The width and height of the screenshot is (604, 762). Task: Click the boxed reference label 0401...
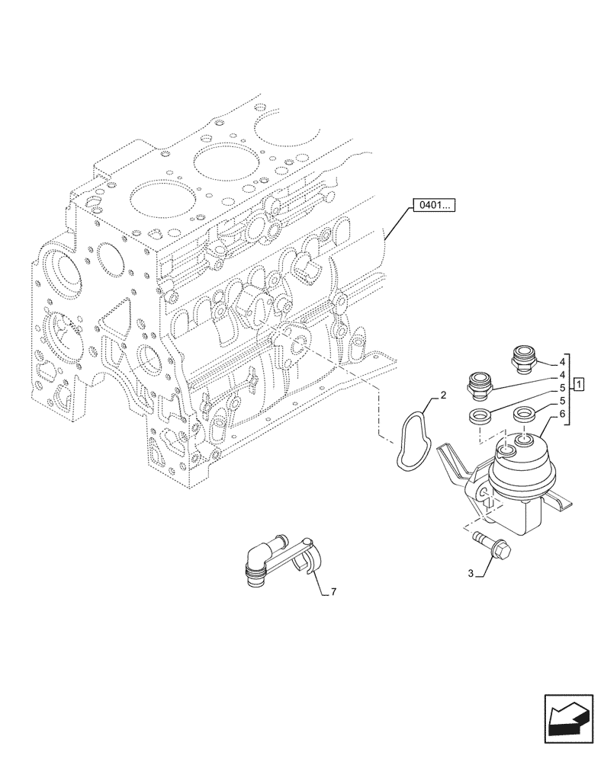432,204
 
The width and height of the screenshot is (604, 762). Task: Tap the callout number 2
443,396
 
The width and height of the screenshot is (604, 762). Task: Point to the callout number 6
561,414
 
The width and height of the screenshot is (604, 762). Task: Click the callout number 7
333,592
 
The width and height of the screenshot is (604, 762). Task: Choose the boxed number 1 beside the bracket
580,383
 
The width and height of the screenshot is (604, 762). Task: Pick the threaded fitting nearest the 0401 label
522,358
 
